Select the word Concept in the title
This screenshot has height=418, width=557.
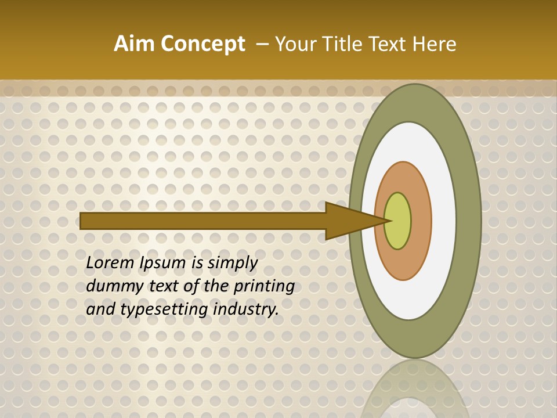(202, 44)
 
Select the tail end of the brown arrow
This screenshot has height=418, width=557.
(83, 221)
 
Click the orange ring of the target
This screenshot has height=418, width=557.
(421, 221)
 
